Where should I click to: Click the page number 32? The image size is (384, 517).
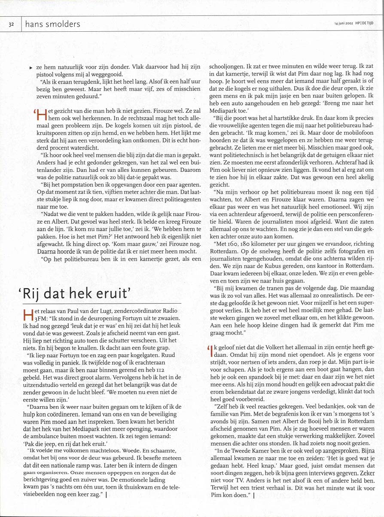coord(11,24)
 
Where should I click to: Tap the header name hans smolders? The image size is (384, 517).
coord(53,24)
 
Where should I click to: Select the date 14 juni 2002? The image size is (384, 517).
coord(343,23)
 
